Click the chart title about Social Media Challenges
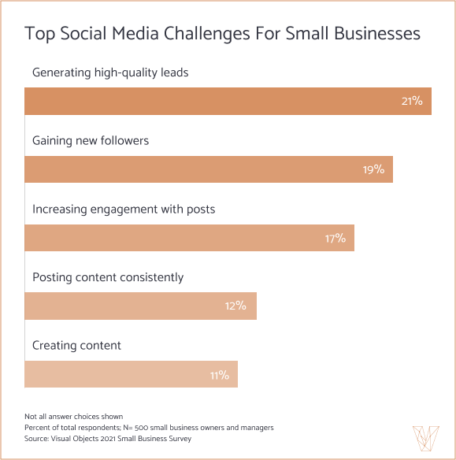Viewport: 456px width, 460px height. tap(222, 34)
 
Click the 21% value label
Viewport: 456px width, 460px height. tap(412, 101)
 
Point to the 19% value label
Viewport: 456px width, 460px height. tap(373, 169)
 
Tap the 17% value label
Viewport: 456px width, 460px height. tap(335, 238)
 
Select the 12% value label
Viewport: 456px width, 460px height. tap(235, 306)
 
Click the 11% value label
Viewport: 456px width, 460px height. tap(219, 375)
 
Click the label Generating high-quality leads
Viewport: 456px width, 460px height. tap(110, 73)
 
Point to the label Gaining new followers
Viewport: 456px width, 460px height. tap(91, 141)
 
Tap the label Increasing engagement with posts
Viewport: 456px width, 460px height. tap(124, 210)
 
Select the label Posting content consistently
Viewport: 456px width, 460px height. tap(108, 277)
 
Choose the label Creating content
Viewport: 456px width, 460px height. tap(76, 346)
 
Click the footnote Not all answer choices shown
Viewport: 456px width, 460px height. tap(73, 417)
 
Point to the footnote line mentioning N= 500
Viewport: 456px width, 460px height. tap(149, 428)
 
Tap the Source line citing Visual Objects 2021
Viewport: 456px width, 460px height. tap(108, 439)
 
